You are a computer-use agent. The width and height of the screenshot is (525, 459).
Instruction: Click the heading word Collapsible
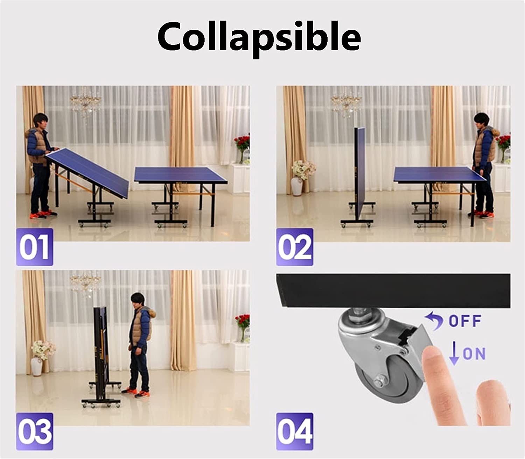(x=259, y=38)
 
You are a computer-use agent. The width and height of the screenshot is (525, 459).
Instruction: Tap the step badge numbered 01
(x=35, y=247)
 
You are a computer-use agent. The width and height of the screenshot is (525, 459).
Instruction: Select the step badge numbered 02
(x=295, y=247)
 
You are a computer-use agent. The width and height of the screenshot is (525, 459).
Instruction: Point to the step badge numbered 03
(x=35, y=431)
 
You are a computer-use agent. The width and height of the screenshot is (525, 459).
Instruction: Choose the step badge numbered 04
(x=295, y=431)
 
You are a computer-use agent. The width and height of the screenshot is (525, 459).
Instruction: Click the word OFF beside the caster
(x=465, y=321)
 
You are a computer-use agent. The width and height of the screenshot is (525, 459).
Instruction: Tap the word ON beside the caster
(x=474, y=354)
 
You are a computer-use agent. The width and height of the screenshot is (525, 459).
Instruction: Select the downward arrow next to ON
(x=454, y=353)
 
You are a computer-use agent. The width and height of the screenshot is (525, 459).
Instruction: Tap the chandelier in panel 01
(x=86, y=102)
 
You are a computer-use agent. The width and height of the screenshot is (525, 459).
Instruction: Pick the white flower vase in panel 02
(x=297, y=186)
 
